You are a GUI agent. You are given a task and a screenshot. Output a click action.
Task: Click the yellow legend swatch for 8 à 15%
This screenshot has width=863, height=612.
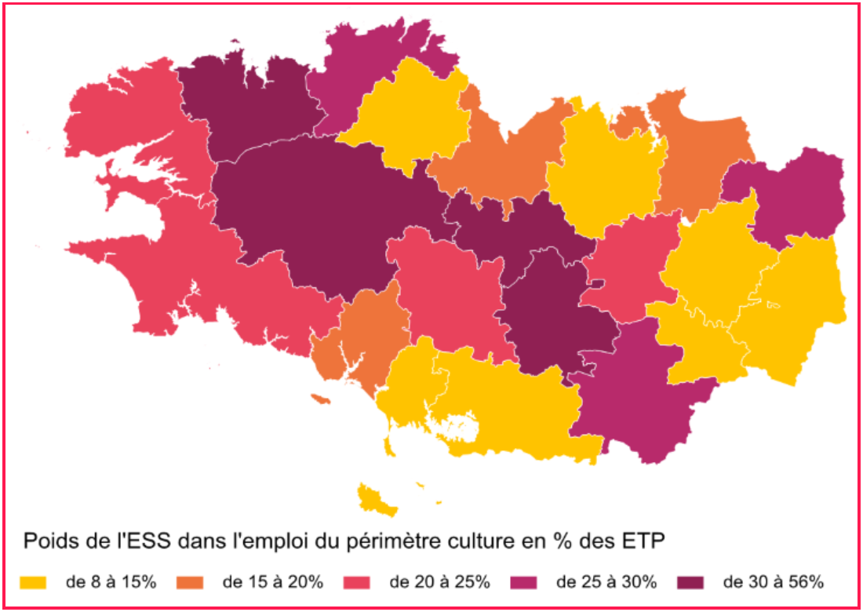click(x=32, y=582)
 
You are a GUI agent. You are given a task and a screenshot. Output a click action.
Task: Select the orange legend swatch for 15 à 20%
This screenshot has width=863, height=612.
click(x=189, y=582)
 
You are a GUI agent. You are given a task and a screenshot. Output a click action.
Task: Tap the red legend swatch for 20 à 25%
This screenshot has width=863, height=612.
click(x=357, y=582)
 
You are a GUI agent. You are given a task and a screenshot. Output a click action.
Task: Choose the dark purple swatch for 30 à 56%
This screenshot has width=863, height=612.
click(x=690, y=582)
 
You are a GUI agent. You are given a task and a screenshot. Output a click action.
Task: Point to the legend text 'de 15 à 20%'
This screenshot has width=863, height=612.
click(x=273, y=582)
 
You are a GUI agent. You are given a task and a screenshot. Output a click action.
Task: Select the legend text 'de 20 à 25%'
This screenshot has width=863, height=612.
click(x=440, y=582)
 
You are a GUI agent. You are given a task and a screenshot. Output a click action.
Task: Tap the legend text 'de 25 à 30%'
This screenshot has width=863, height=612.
click(x=606, y=582)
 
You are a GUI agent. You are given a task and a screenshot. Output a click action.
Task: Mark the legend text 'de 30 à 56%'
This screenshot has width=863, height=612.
click(x=774, y=582)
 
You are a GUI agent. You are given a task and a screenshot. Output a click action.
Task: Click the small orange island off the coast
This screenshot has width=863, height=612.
click(x=319, y=399)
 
